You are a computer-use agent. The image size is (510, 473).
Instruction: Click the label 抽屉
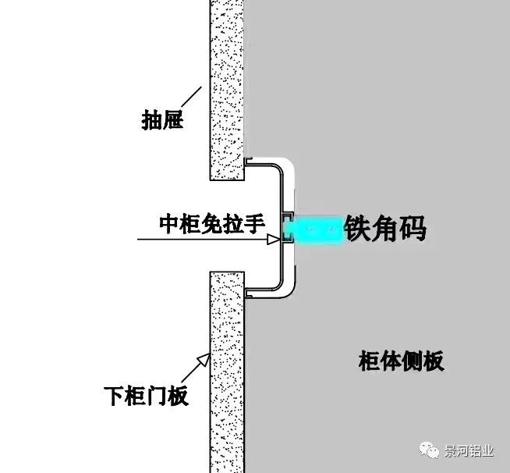pos(162,120)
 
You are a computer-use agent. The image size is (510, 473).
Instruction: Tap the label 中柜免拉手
pos(212,224)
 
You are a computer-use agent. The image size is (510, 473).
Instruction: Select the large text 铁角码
pos(386,229)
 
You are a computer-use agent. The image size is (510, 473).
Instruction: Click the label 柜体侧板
pos(402,361)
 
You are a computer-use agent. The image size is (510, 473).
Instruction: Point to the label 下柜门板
pos(146,396)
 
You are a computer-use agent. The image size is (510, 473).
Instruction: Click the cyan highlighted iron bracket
pos(313,229)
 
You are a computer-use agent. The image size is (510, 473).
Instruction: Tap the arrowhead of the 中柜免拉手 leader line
pos(274,240)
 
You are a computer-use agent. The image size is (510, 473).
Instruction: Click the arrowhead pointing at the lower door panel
pos(204,360)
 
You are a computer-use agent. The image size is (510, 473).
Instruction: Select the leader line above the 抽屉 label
pos(191,97)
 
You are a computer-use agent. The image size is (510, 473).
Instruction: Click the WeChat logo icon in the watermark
pos(429,450)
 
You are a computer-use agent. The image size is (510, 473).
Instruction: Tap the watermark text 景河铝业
pos(469,451)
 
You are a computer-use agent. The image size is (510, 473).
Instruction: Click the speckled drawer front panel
pos(227,90)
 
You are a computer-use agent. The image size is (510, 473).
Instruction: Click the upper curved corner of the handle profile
pos(278,169)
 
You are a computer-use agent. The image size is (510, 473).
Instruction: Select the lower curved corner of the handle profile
pos(278,285)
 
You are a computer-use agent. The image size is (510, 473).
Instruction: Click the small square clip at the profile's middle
pos(288,228)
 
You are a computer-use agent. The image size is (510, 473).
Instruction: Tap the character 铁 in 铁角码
pos(358,229)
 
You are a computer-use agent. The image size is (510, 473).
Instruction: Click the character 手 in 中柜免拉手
pos(255,224)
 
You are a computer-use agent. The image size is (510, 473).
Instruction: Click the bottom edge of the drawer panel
pos(227,180)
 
